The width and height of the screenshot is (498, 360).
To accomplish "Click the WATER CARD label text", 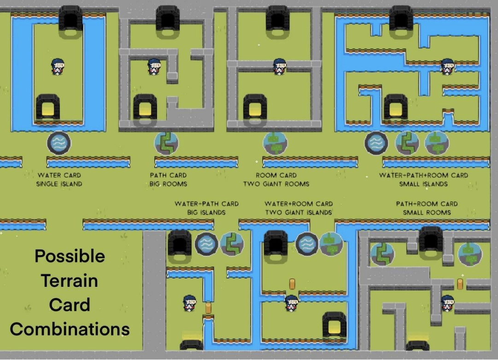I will coord(59,175).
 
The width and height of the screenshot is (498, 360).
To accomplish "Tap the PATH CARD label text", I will coord(168,175).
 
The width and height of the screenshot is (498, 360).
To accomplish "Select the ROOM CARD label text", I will coord(276,175).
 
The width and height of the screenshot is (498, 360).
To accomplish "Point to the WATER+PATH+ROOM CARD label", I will coord(423,175).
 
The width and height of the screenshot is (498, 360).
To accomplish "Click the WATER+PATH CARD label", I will coord(206,204).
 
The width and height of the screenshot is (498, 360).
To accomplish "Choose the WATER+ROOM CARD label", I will coord(299,204).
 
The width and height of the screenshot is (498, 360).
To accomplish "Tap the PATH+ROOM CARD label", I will coord(427,204).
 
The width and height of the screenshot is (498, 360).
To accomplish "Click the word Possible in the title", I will coord(70,256).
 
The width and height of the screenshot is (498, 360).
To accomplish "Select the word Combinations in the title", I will coord(70,329).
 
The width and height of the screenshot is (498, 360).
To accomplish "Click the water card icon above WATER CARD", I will coord(59,143).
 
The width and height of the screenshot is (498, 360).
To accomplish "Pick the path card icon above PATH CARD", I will coord(166,143).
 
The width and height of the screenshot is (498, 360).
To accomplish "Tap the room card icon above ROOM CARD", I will coord(275,143).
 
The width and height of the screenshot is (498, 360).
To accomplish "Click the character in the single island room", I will coord(58,67).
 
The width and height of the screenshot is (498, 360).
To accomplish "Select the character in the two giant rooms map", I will coord(279,67).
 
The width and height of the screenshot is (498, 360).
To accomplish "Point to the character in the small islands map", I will coord(447,67).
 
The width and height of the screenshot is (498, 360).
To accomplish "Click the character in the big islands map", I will coord(190,303).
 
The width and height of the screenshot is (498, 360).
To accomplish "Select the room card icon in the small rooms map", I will coord(469,254).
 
